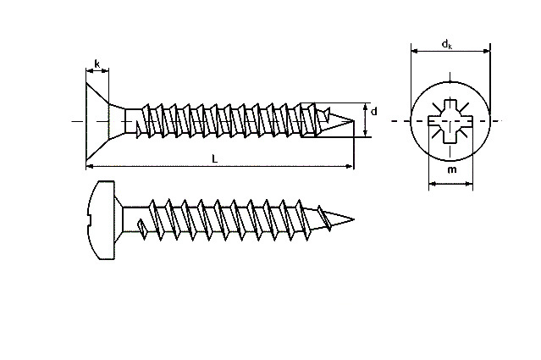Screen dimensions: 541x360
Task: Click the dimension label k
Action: (97, 64)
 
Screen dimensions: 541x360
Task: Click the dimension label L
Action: (214, 158)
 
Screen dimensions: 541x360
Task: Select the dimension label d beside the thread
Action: (373, 112)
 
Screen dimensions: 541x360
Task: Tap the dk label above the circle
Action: (447, 44)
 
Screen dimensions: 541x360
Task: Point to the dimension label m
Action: (451, 169)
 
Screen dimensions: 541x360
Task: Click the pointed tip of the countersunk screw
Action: (354, 120)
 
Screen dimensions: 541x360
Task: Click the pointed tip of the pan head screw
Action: (354, 219)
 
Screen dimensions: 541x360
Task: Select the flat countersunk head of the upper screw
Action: (97, 121)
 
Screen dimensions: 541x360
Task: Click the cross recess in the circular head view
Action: (450, 121)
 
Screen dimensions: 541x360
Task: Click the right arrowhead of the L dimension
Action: (350, 166)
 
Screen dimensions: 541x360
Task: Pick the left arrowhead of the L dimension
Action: (90, 166)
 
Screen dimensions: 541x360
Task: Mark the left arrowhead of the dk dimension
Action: (415, 51)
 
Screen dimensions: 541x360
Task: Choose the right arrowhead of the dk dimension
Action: (486, 51)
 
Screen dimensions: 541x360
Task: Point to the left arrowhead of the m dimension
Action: (433, 184)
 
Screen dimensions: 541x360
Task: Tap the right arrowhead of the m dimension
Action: (468, 184)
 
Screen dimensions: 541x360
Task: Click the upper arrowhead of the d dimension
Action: (366, 107)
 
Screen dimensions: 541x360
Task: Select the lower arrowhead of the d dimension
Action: (366, 134)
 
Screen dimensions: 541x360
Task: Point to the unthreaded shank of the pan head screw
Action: (135, 219)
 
